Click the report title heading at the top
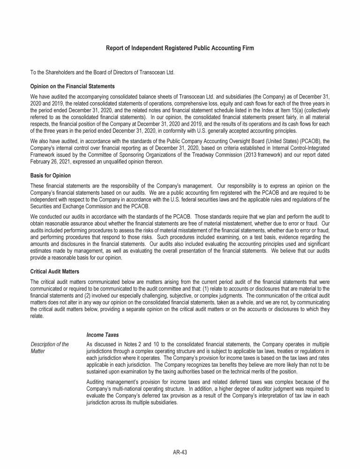click(180, 48)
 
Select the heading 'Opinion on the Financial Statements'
click(72, 86)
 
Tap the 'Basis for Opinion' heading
click(50, 175)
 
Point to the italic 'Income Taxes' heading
click(103, 335)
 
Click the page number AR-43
click(180, 453)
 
